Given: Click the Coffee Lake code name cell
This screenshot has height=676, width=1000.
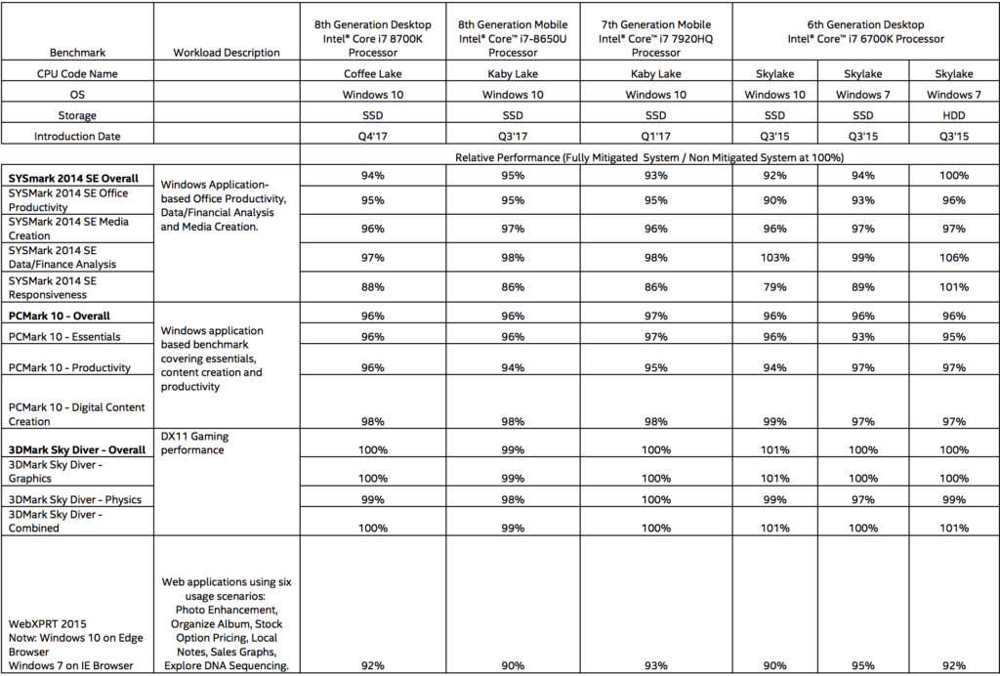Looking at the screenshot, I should (373, 73).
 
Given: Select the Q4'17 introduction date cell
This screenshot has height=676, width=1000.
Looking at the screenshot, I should (373, 137).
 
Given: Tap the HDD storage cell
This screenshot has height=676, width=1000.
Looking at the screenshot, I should (952, 115).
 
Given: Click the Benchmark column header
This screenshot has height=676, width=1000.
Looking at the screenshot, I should (78, 52).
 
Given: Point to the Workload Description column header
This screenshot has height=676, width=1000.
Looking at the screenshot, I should (226, 52).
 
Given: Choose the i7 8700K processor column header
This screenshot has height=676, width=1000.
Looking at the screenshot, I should (373, 39).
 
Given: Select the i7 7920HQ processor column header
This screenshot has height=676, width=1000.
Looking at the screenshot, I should (655, 39).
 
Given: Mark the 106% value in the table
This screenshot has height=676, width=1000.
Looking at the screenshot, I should (952, 257).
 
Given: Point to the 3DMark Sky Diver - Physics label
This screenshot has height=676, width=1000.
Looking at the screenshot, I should (74, 499).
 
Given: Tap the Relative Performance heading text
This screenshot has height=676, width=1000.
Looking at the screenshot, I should (649, 156).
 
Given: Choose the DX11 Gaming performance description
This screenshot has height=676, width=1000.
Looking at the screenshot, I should (193, 443).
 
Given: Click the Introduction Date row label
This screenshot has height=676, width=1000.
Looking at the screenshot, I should (78, 137).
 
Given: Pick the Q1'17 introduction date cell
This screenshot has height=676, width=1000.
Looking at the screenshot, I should (655, 137).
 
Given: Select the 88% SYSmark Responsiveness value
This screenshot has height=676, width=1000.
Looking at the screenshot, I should (373, 287).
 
